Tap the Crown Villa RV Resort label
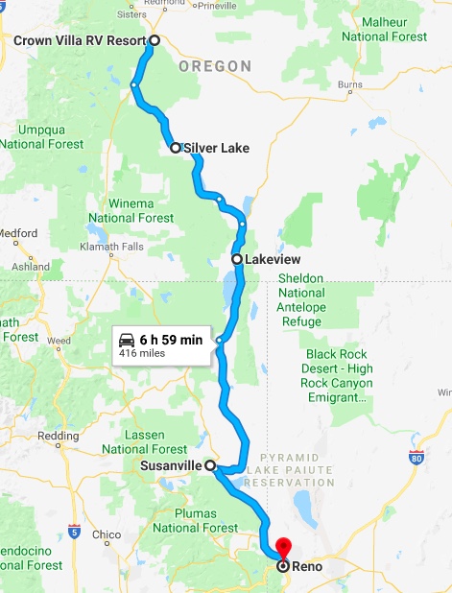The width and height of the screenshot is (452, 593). pos(79,40)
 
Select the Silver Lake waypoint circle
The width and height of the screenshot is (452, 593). pos(176,148)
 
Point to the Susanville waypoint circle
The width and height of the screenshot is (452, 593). pos(209,464)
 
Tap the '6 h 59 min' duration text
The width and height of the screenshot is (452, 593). pos(171,339)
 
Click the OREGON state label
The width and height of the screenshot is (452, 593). pos(214,66)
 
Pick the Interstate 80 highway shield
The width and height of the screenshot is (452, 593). pos(416,459)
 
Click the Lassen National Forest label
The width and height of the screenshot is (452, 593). pos(144,442)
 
